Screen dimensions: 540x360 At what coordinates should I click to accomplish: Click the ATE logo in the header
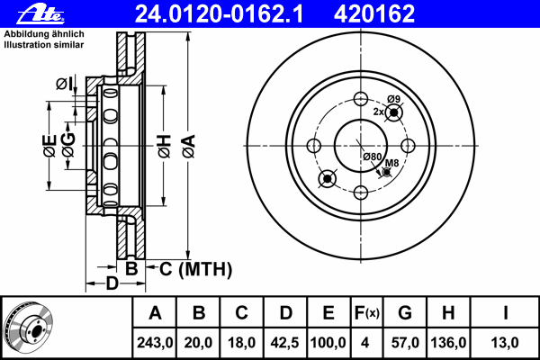click(40, 14)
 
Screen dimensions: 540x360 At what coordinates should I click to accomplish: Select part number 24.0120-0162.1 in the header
click(219, 14)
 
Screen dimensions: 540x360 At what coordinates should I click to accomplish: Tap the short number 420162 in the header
click(374, 14)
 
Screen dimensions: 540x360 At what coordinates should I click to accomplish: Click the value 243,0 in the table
click(155, 343)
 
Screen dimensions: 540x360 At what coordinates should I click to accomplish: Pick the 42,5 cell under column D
click(284, 343)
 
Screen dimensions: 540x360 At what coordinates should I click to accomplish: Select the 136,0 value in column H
click(448, 343)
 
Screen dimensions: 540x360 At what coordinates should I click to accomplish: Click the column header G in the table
click(405, 313)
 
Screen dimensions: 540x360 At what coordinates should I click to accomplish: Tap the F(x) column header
click(366, 313)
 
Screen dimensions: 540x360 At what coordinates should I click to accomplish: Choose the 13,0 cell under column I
click(505, 343)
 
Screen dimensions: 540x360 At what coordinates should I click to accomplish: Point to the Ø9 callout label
click(393, 99)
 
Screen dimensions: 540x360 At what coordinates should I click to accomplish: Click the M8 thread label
click(391, 163)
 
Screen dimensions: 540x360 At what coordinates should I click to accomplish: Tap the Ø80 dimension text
click(373, 157)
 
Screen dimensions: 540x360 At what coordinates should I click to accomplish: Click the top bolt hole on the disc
click(361, 99)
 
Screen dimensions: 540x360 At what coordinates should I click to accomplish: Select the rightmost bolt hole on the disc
click(408, 146)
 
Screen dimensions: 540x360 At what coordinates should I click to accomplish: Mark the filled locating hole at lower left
click(328, 179)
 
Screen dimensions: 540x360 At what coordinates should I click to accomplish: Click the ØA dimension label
click(189, 147)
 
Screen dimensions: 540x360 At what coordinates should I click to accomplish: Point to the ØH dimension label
click(165, 147)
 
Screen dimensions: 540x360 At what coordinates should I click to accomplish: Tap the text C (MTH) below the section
click(195, 269)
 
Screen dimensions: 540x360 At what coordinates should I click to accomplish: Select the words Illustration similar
click(44, 45)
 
